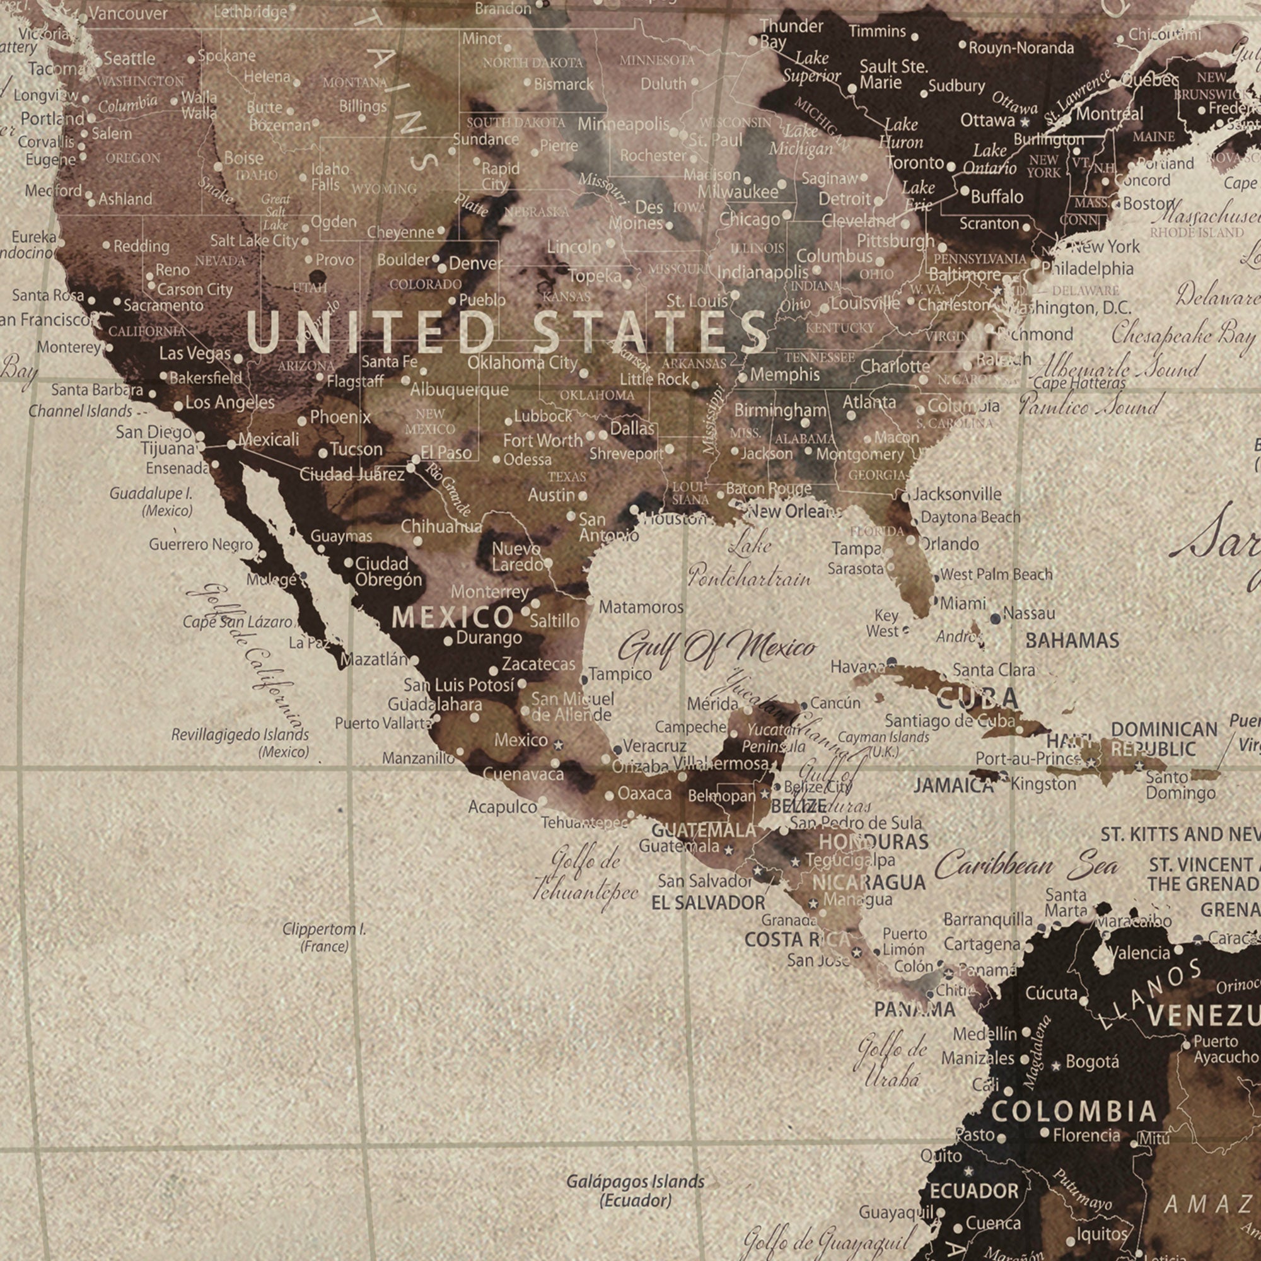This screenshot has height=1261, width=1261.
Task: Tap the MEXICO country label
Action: coord(452,617)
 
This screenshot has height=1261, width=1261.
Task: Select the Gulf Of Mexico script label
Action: coord(717,648)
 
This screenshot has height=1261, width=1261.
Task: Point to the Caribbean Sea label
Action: coord(1026,866)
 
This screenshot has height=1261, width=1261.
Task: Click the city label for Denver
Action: coord(475,264)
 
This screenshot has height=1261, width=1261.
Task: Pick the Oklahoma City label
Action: coord(522,363)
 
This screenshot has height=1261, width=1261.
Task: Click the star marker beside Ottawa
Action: coord(1025,122)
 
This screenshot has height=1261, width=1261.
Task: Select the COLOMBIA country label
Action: coord(1074,1112)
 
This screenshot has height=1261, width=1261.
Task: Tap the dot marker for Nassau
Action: coord(996,618)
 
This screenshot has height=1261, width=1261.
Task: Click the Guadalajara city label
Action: coord(434,704)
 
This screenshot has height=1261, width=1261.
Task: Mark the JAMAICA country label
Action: coord(953,785)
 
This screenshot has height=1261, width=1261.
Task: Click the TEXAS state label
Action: coord(567,477)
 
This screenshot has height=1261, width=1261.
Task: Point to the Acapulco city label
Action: coord(502,808)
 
